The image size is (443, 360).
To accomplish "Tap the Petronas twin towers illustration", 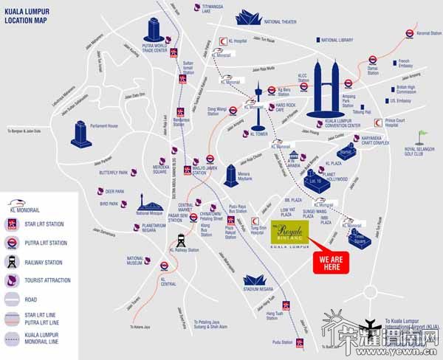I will (325, 89).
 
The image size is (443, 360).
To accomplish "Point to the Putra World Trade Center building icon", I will (155, 30).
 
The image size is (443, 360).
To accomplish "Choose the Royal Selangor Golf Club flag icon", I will (422, 136).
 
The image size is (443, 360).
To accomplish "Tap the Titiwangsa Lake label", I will (215, 8).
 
